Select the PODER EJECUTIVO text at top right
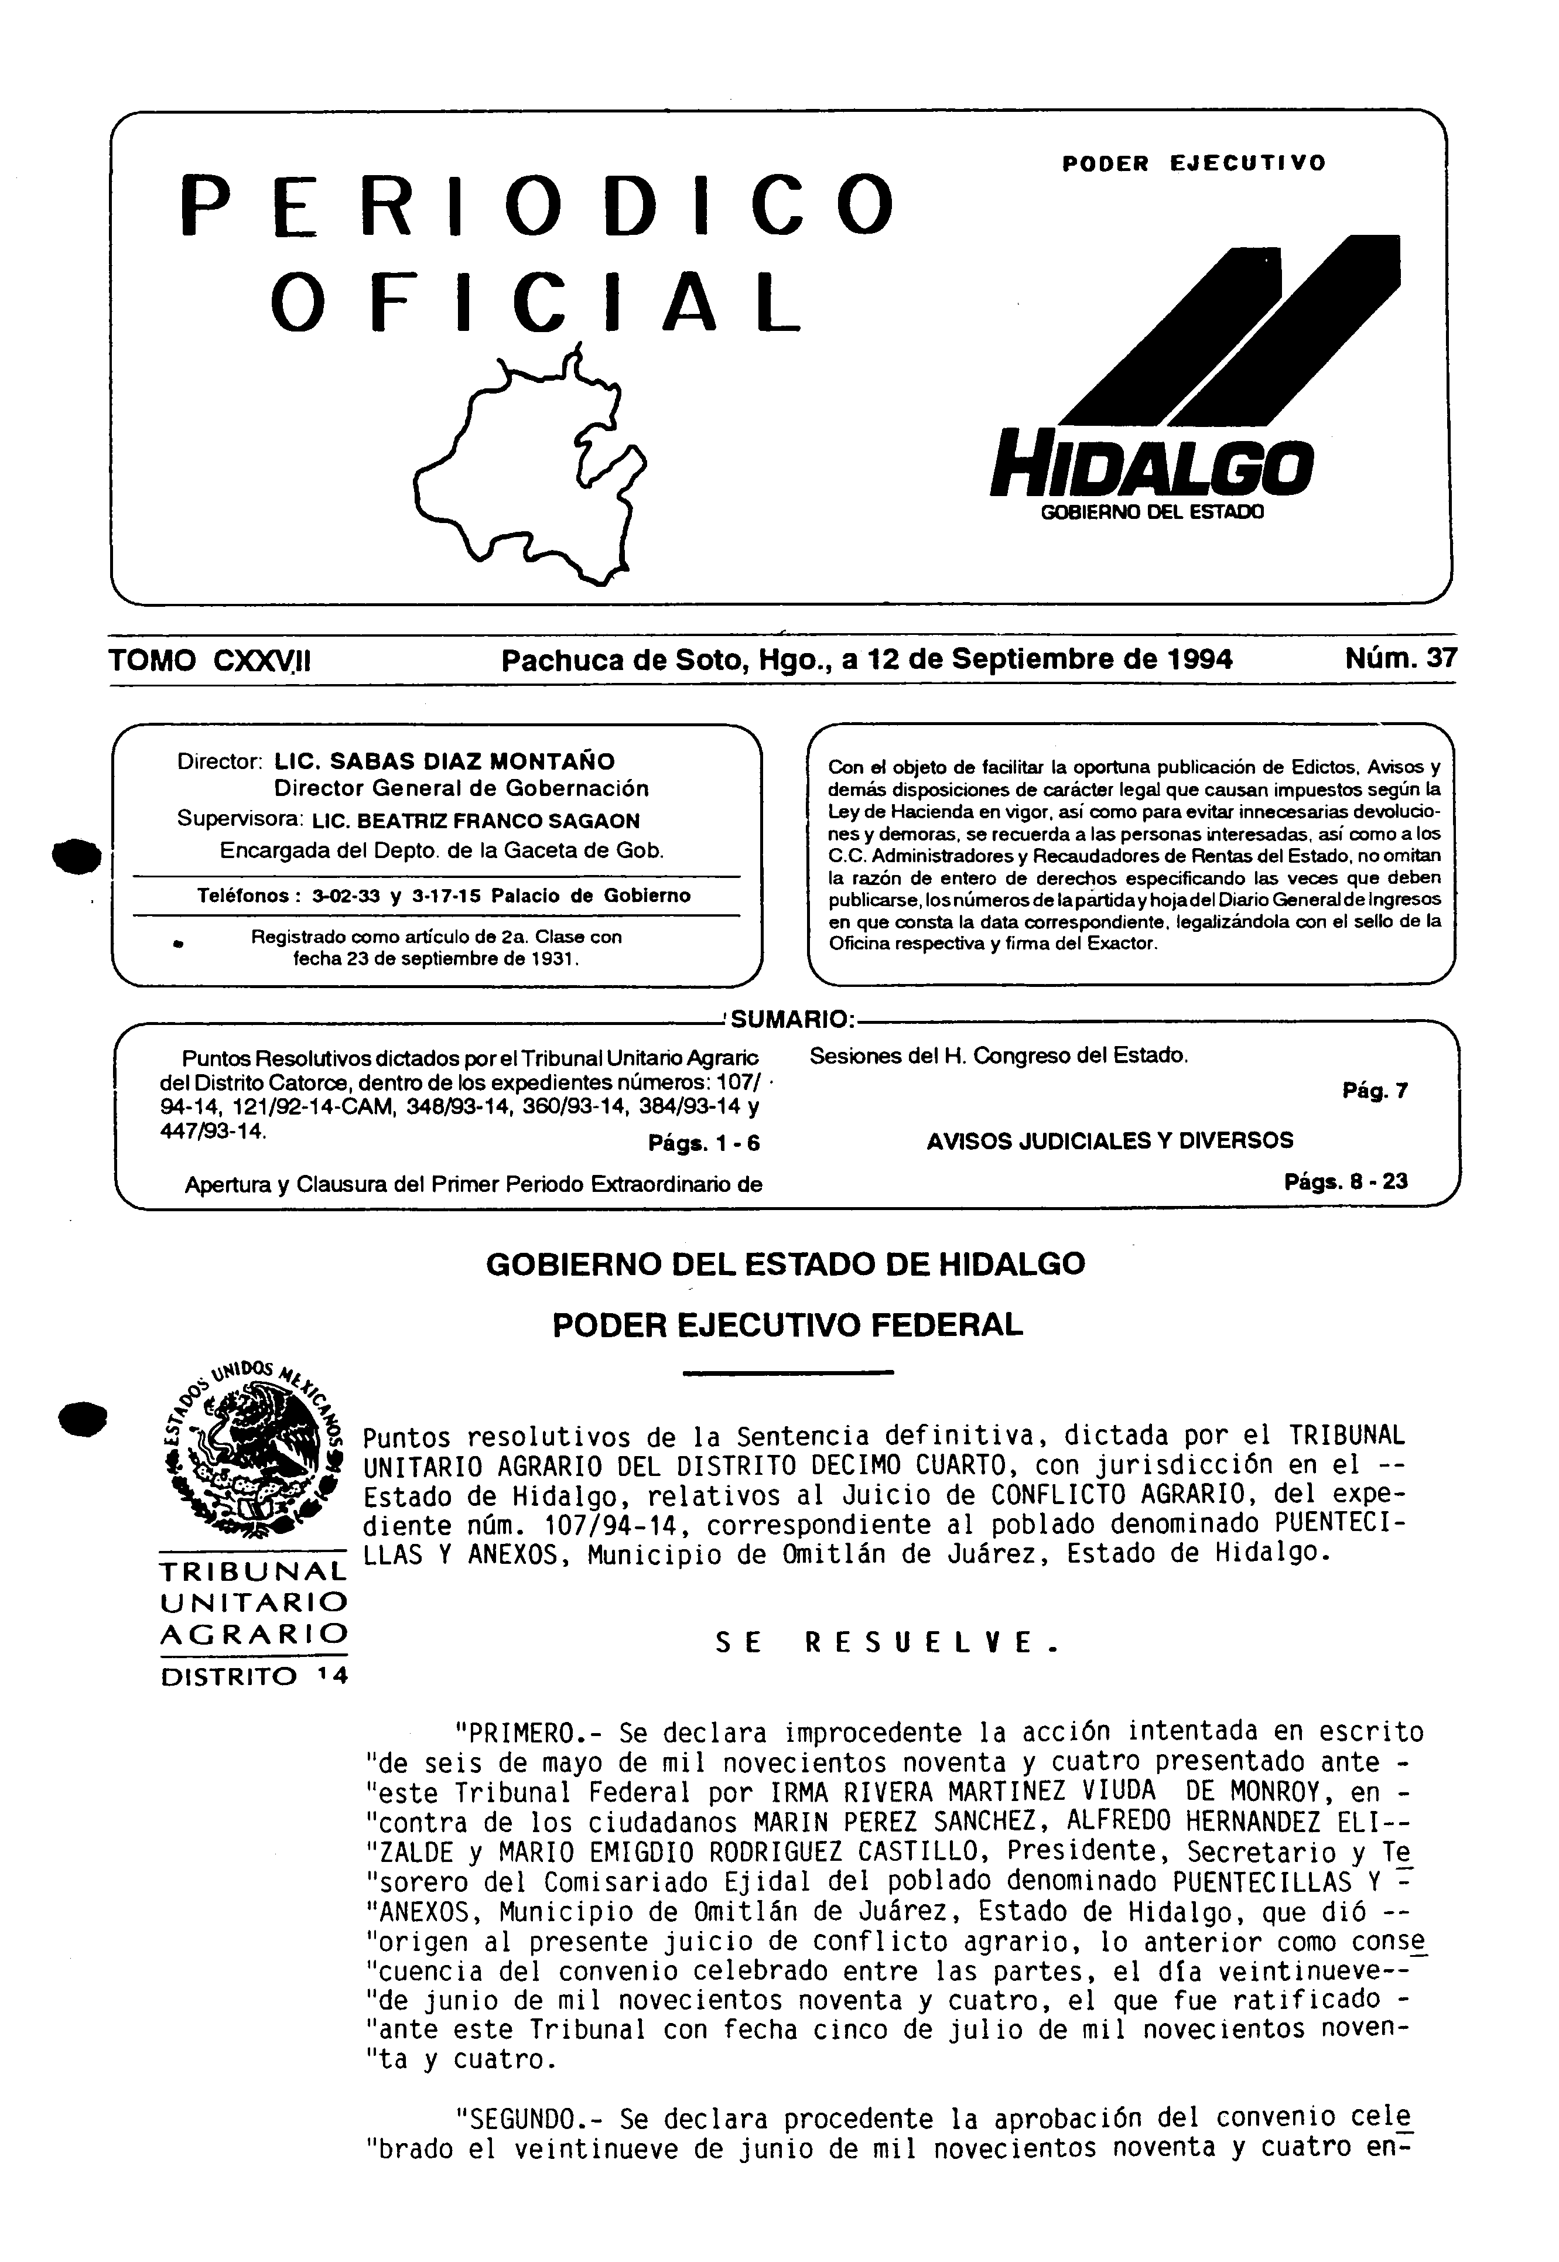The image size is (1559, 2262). (1194, 163)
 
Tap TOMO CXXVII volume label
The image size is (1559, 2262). (210, 661)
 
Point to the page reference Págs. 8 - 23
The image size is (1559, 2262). (1346, 1182)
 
